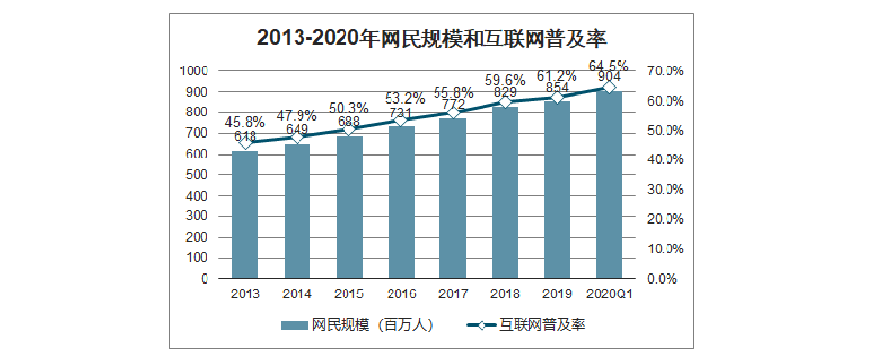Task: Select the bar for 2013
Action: (245, 215)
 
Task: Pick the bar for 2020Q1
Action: (609, 186)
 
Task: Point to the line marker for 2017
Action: (453, 113)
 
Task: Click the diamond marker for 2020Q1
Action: (609, 87)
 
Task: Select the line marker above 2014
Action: (298, 137)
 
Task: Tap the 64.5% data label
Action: (608, 66)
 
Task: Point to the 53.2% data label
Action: (401, 98)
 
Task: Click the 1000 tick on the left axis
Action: (193, 71)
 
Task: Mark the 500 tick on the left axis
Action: (196, 175)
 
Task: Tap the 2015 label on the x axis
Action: (349, 293)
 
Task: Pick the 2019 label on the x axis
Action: (557, 293)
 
